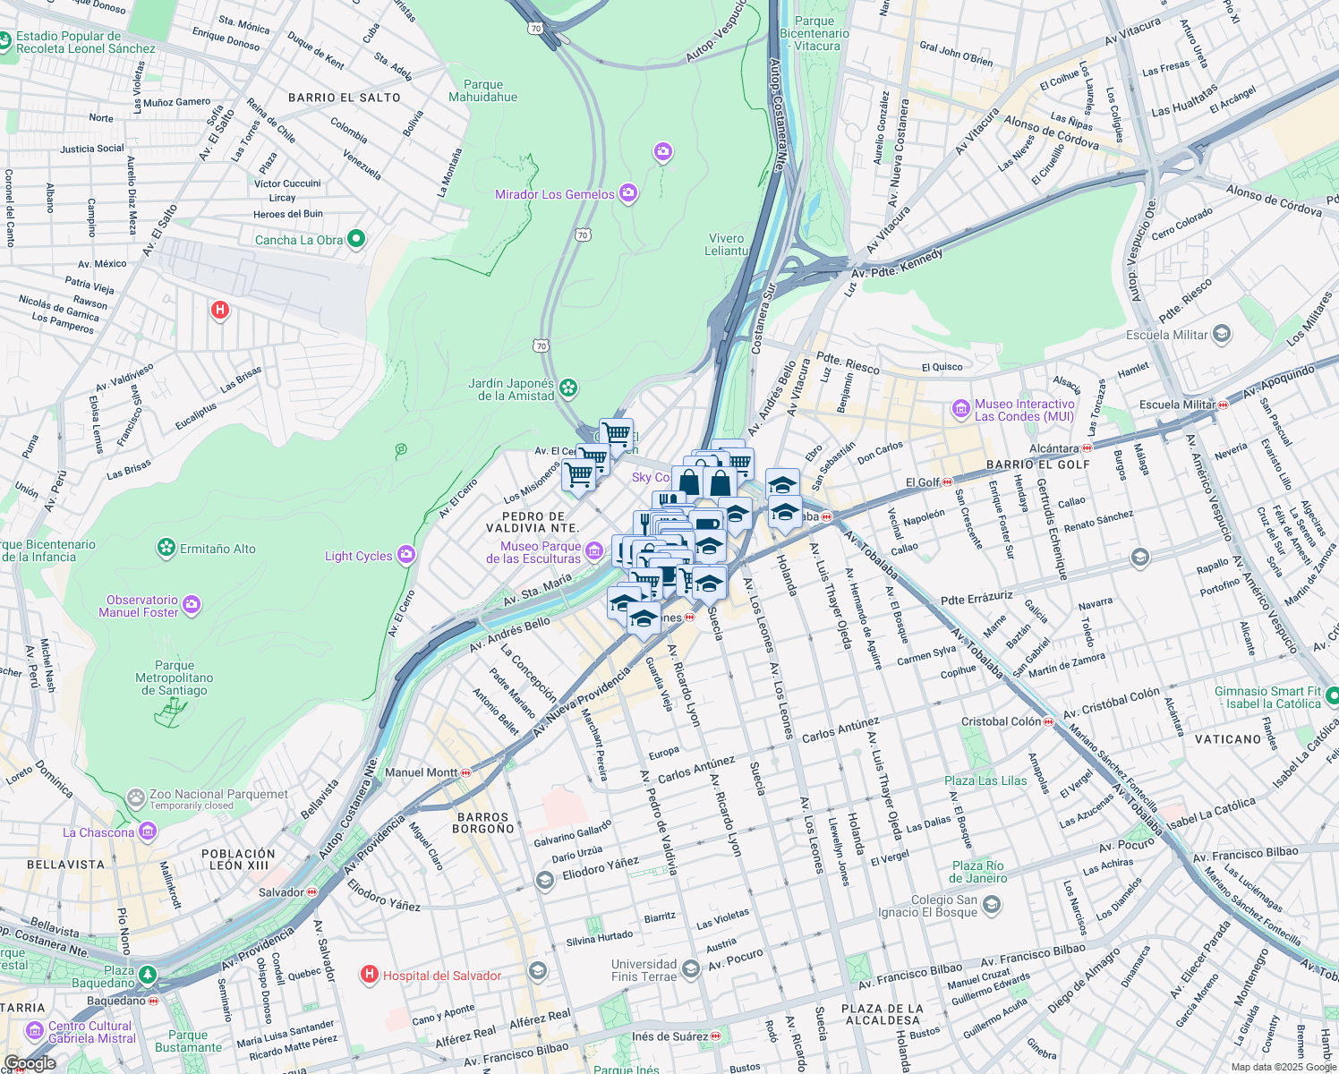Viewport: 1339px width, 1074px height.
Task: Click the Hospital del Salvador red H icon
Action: [369, 975]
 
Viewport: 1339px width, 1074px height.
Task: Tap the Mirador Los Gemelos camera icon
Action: [628, 193]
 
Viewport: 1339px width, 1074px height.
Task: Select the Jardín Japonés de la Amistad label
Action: [511, 389]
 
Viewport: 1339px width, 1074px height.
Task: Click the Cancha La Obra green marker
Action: [356, 239]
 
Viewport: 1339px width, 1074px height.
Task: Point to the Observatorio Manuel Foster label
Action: [138, 606]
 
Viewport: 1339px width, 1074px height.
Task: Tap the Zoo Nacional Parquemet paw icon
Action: [135, 797]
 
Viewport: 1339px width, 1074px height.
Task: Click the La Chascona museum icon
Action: [148, 832]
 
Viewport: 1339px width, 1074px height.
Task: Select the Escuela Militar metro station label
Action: [1177, 405]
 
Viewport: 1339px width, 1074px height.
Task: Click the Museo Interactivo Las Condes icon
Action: [961, 410]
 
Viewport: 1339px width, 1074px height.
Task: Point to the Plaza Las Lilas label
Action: [985, 780]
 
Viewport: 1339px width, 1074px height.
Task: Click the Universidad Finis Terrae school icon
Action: [690, 969]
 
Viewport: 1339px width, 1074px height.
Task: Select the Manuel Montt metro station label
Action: [421, 772]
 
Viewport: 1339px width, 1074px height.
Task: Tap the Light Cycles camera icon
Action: [406, 555]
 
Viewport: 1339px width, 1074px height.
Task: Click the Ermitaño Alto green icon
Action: [166, 548]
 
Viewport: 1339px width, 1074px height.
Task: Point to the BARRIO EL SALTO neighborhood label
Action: [345, 98]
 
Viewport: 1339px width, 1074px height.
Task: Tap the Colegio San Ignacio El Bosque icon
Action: [991, 905]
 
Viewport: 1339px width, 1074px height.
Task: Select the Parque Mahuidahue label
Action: [482, 90]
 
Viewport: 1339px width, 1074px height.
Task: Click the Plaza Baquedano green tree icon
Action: [148, 975]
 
